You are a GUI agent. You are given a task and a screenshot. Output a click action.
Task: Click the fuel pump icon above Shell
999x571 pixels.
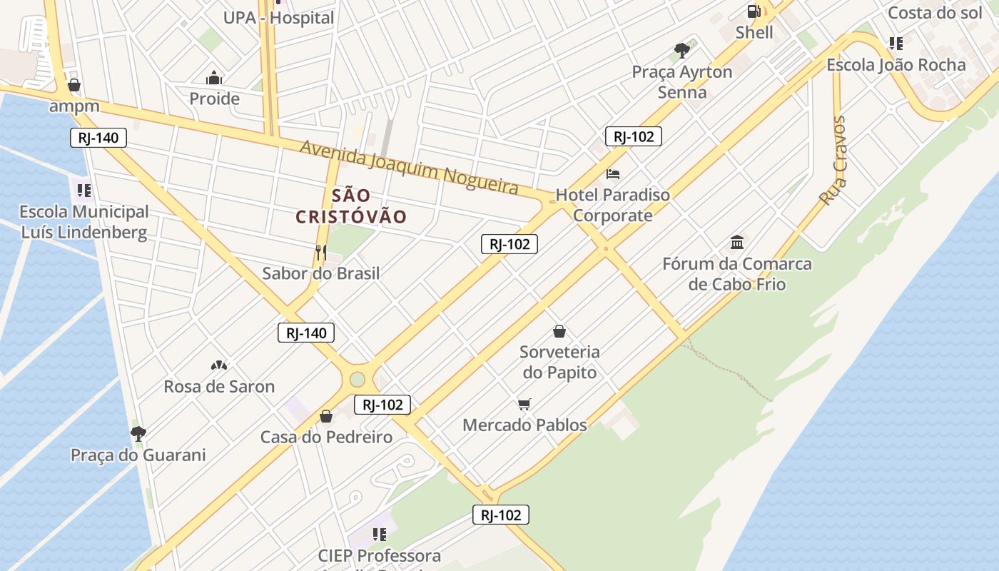coord(754,11)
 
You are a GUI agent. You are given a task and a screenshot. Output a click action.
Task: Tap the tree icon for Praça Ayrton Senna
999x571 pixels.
coord(682,50)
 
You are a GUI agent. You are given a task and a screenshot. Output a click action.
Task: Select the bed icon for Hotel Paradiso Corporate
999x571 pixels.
coord(613,173)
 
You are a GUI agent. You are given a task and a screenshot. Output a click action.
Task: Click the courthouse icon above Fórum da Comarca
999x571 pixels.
coord(737,243)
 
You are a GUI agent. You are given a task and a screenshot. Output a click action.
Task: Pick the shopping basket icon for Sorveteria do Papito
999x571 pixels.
coord(559,331)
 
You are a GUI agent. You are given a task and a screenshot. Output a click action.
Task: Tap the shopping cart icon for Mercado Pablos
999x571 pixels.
coord(524,405)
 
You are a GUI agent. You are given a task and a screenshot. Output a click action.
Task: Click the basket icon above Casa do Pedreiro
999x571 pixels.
coord(326,416)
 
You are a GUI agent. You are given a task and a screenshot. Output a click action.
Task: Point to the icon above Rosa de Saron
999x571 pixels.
coord(219,365)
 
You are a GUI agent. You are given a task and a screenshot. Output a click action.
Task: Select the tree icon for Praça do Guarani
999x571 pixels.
coord(138,434)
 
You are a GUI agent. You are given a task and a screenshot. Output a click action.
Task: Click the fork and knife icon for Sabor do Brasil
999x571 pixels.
coord(321,252)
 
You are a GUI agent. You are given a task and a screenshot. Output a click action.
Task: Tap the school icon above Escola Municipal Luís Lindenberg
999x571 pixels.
coord(84,191)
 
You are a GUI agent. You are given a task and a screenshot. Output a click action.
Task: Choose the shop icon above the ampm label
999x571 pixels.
coord(74,86)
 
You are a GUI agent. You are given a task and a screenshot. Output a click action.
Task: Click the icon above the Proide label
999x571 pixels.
coord(214,78)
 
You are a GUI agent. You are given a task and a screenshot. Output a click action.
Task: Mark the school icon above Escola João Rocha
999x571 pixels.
coord(896,44)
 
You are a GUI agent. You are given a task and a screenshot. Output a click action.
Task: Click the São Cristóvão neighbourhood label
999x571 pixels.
coord(351,206)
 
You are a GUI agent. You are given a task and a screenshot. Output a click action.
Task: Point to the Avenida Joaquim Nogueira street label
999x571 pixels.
coord(409,167)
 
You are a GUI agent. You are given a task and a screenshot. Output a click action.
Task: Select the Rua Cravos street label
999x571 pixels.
coord(833,161)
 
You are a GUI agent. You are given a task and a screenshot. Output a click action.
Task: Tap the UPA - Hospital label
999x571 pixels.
coord(278,18)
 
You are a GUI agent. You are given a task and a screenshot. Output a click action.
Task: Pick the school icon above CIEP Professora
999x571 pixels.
coord(380,534)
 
